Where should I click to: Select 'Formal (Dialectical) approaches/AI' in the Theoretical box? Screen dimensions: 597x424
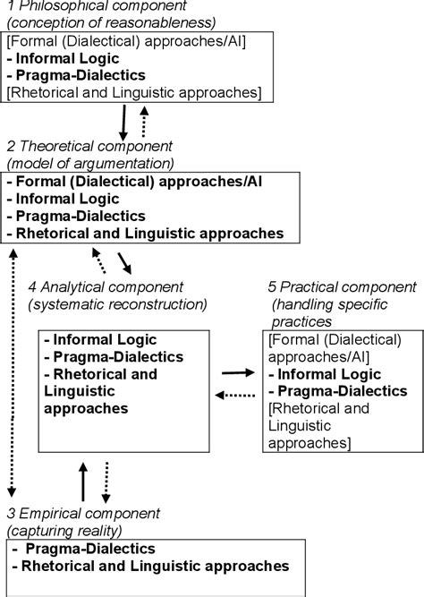(x=138, y=180)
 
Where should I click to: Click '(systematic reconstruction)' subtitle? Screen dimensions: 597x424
(x=117, y=303)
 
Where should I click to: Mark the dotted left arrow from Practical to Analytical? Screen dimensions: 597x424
(x=236, y=394)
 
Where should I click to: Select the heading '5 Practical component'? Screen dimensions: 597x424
(x=343, y=286)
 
